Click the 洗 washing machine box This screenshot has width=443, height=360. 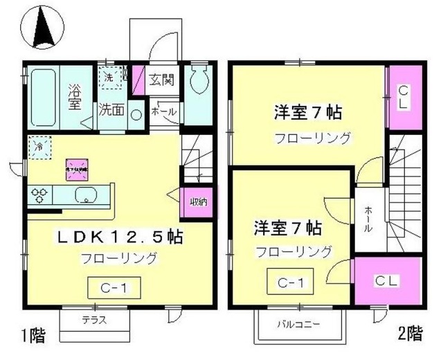(x=109, y=77)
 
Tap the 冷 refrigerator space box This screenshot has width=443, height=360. (x=39, y=147)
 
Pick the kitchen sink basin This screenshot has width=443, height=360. (x=84, y=195)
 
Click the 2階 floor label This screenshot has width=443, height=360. (x=408, y=333)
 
